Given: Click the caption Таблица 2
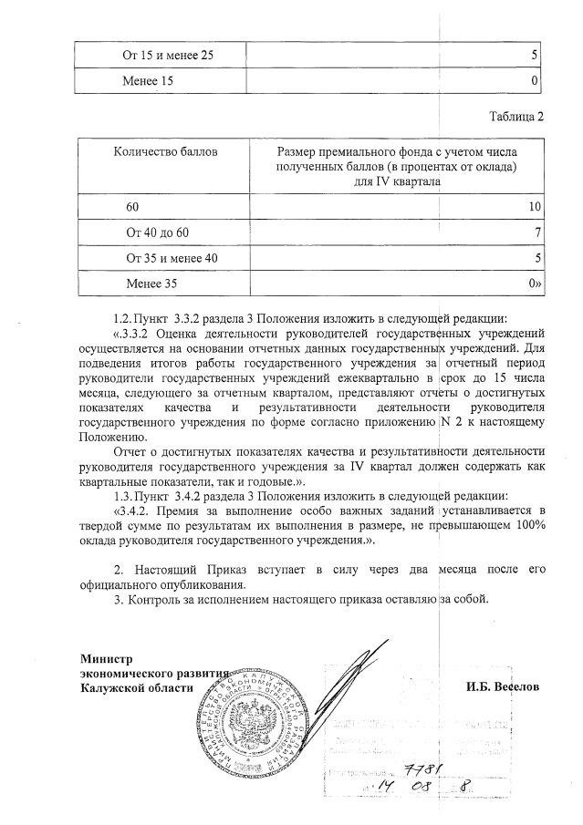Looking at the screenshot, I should pos(515,117).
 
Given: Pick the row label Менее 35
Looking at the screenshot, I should pos(151,284).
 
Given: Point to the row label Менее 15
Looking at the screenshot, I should pos(148,81).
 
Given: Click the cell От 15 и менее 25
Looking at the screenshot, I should pos(169,57).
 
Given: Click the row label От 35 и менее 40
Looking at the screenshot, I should pos(172,260).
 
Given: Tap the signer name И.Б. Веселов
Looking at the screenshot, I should pos(498,686).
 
